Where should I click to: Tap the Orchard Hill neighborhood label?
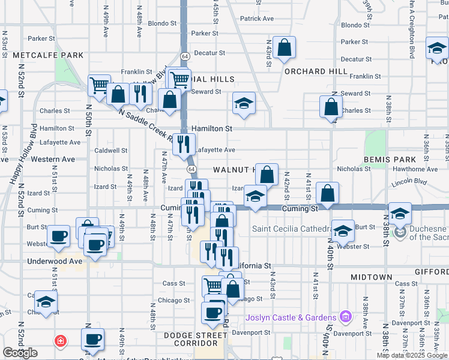[x=316, y=71]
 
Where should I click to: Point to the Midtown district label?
[x=367, y=277]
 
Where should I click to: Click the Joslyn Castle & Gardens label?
[x=291, y=317]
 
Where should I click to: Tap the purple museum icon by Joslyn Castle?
[x=345, y=316]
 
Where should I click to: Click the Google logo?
[x=20, y=352]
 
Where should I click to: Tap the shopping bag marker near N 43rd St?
[x=284, y=48]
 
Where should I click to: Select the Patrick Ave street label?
[x=256, y=19]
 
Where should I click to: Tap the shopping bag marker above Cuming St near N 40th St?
[x=328, y=193]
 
